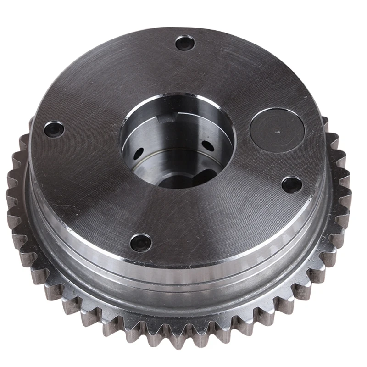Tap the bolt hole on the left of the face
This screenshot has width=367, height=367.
tap(54, 129)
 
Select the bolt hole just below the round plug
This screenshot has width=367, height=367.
tap(291, 184)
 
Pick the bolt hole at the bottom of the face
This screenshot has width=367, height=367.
tap(140, 242)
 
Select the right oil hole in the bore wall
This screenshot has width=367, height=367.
tap(207, 146)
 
